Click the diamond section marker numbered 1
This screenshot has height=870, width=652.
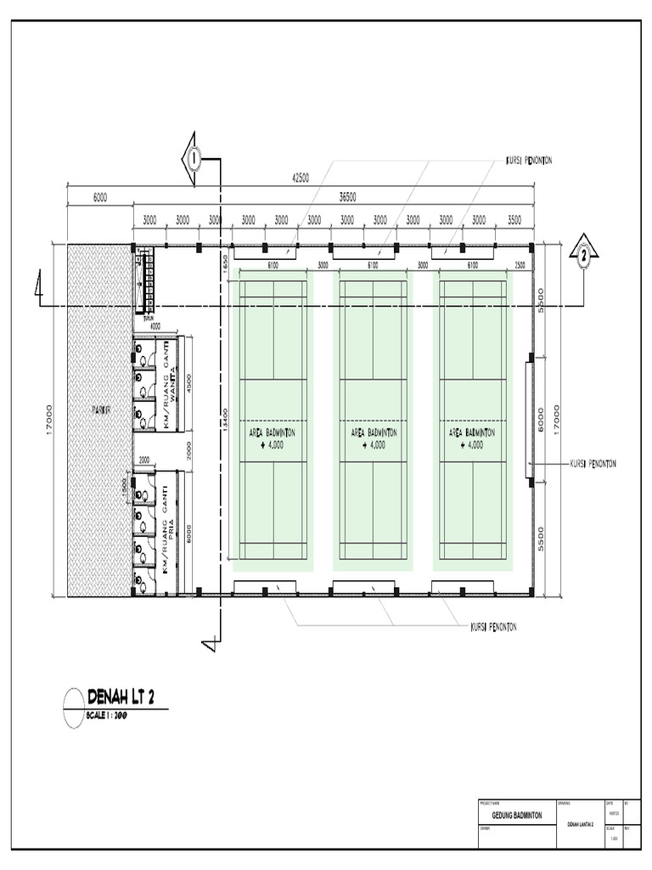194,158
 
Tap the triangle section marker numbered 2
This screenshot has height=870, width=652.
584,253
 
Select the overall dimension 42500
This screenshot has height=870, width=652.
300,178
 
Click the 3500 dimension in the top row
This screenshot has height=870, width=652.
514,219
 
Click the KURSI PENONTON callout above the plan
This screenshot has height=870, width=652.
529,160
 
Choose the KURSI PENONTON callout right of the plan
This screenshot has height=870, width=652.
592,464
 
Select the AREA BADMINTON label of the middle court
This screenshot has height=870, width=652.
374,432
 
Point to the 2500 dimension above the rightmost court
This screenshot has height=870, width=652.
519,265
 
